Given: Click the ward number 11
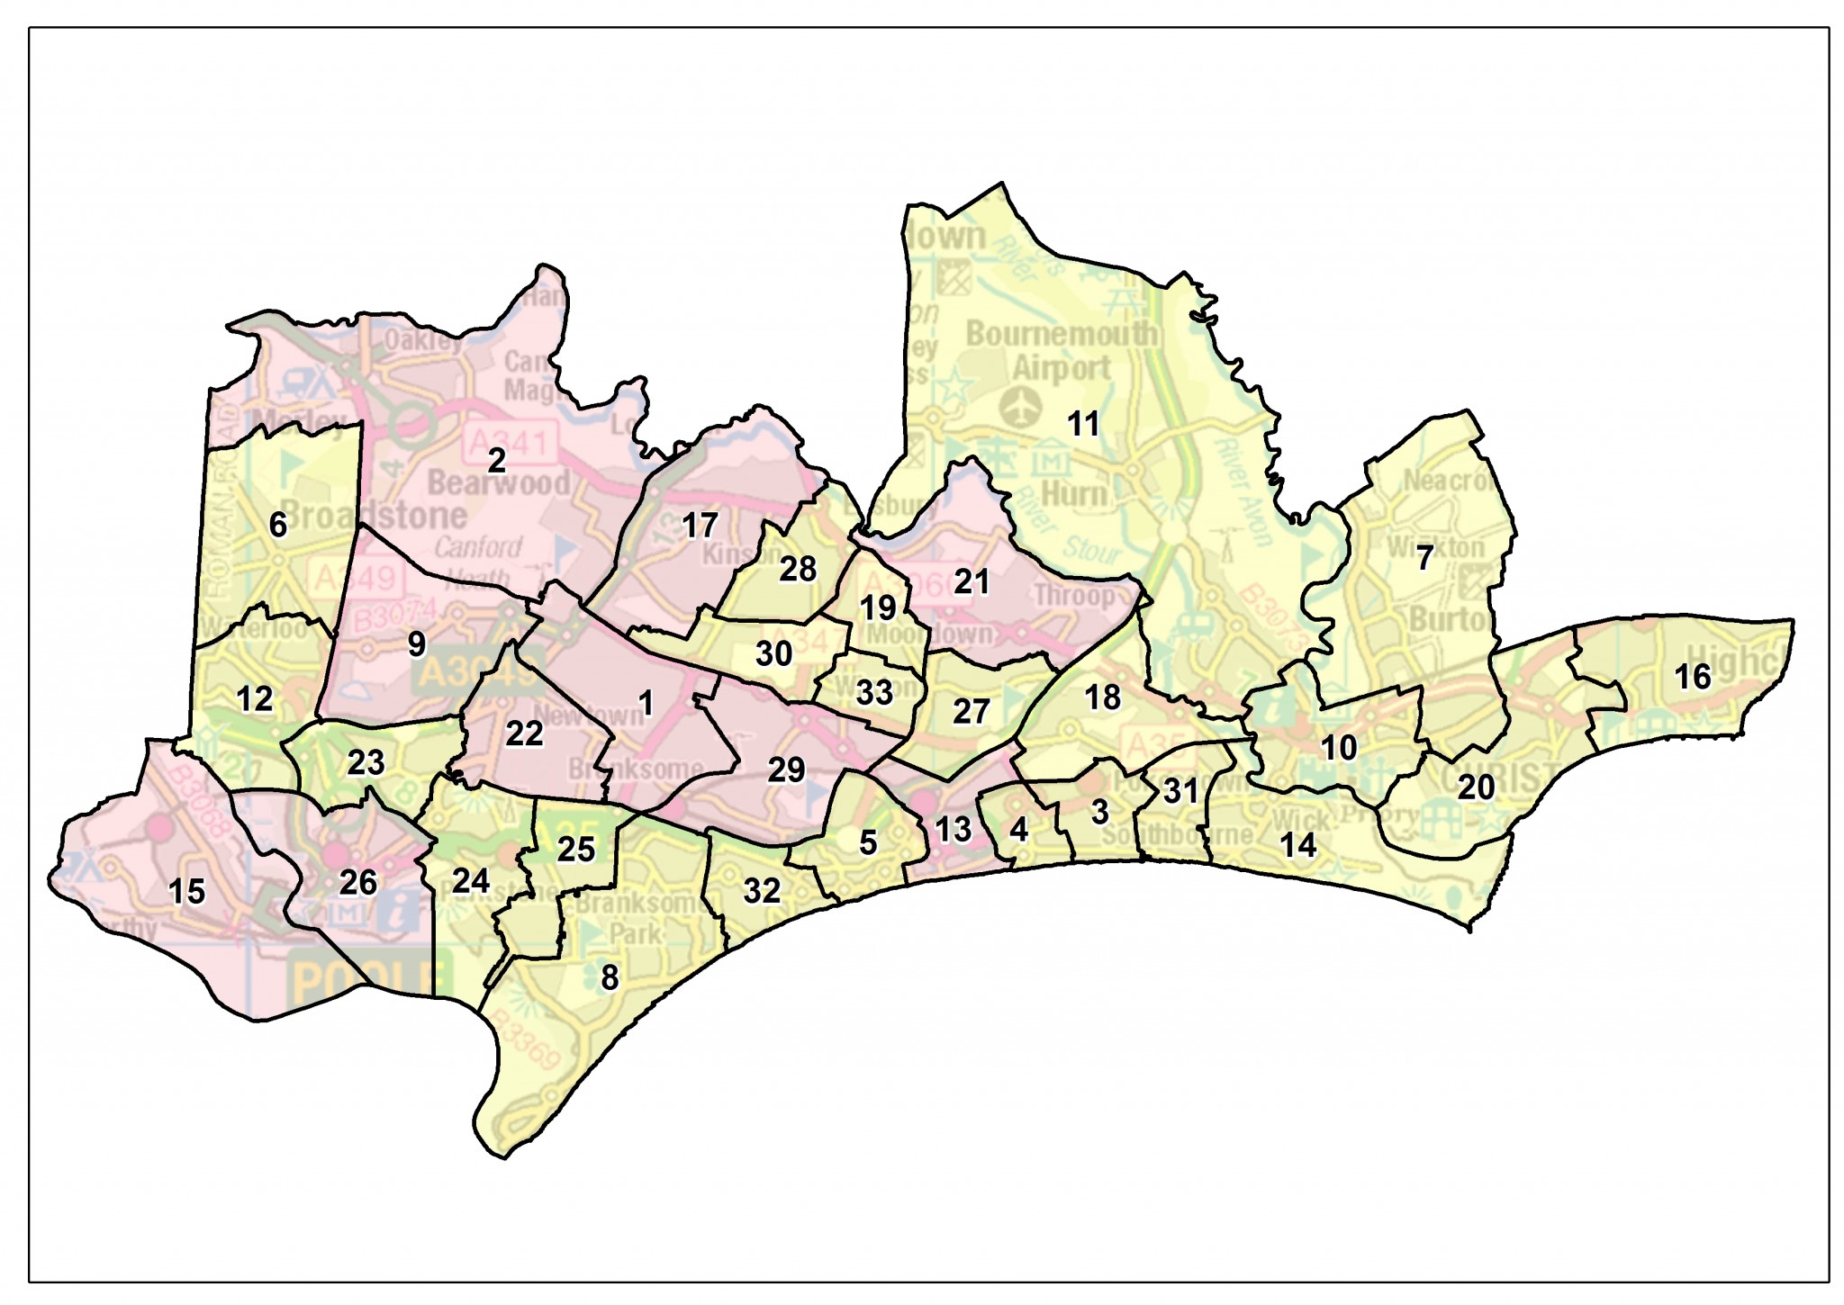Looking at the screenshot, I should click(x=1083, y=424).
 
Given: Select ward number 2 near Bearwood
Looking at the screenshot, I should click(x=496, y=461).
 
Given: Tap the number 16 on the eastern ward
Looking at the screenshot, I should click(x=1693, y=677).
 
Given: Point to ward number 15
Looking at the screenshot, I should click(x=187, y=892).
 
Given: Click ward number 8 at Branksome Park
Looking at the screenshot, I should click(x=610, y=977).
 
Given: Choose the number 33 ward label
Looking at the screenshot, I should click(x=874, y=693).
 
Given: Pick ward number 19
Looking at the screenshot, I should click(x=878, y=608).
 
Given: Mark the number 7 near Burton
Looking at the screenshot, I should click(x=1424, y=559).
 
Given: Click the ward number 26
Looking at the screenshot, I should click(x=357, y=883).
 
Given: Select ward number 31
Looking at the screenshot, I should click(x=1181, y=791).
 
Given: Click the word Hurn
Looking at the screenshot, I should click(x=1073, y=494).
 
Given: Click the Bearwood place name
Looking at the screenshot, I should click(x=498, y=483).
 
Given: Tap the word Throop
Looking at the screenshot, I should click(x=1073, y=596).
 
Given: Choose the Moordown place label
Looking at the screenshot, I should click(x=929, y=634).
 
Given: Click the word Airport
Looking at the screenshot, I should click(x=1062, y=368).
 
